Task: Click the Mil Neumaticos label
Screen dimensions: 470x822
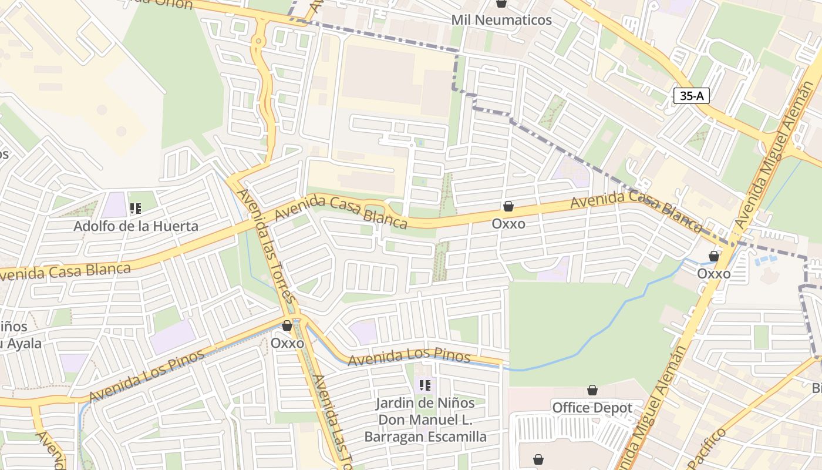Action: pyautogui.click(x=501, y=20)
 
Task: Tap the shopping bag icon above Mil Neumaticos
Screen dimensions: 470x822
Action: pyautogui.click(x=501, y=4)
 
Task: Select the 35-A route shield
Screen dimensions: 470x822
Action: pyautogui.click(x=691, y=96)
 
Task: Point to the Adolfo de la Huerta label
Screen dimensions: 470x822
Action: pyautogui.click(x=136, y=226)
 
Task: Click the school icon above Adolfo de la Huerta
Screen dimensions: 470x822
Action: pyautogui.click(x=136, y=208)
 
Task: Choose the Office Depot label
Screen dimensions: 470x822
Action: pyautogui.click(x=592, y=408)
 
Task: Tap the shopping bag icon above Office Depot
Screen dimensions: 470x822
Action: pyautogui.click(x=592, y=391)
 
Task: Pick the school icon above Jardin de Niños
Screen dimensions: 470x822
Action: pyautogui.click(x=425, y=385)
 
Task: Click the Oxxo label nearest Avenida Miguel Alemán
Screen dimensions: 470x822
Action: pyautogui.click(x=714, y=274)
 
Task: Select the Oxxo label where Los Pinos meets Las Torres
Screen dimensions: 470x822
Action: pyautogui.click(x=288, y=343)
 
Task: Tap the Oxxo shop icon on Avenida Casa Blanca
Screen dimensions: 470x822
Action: pyautogui.click(x=508, y=207)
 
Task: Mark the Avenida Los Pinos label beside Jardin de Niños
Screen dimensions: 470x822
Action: pyautogui.click(x=409, y=355)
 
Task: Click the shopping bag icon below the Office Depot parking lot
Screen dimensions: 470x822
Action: pyautogui.click(x=538, y=459)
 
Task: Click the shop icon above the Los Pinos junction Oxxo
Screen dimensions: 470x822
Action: pyautogui.click(x=287, y=325)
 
